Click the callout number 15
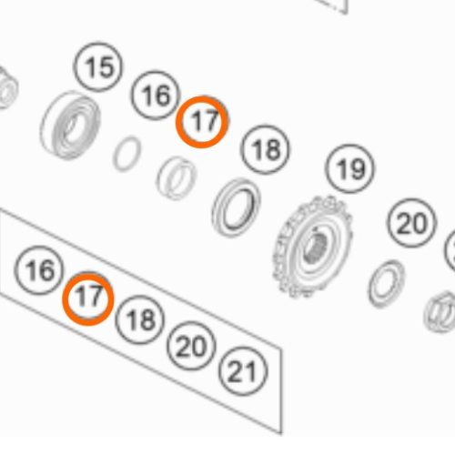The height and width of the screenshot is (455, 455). tap(98, 67)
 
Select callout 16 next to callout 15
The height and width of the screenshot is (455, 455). tap(156, 96)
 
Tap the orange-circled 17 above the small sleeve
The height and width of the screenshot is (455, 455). tap(203, 122)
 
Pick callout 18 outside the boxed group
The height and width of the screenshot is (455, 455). tap(265, 149)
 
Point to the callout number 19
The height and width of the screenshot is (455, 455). tap(349, 169)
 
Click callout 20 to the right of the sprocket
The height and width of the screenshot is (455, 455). tap(412, 223)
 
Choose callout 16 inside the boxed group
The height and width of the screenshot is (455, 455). tap(39, 270)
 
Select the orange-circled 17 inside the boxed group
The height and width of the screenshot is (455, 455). tap(88, 298)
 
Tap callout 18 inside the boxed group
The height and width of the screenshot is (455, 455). tap(140, 319)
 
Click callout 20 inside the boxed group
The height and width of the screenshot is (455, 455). tap(191, 346)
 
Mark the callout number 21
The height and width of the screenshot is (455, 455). tap(243, 371)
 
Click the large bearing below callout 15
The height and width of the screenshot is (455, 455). tap(70, 125)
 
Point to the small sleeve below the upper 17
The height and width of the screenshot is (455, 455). tap(176, 178)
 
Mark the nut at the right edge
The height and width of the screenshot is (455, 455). tap(440, 311)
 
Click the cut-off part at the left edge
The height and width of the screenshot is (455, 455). tap(8, 88)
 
